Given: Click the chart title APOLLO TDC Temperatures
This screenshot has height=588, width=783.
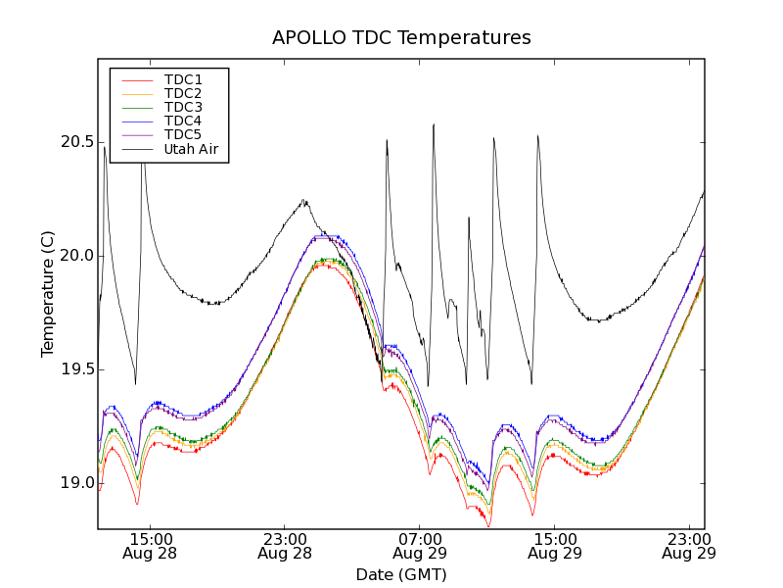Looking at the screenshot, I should tap(401, 38).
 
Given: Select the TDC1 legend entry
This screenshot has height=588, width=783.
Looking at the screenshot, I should tap(183, 79).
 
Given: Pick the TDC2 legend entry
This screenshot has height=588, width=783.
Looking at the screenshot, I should tap(183, 93).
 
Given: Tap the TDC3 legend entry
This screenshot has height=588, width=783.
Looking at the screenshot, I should tap(183, 107).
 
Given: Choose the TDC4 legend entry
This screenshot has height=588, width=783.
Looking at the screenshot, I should tap(183, 121).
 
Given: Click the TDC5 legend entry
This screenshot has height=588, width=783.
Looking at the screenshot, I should tap(183, 134).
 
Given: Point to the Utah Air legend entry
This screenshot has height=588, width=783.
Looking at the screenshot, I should tap(191, 149).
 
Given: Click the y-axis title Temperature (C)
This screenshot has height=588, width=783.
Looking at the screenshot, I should tap(48, 294).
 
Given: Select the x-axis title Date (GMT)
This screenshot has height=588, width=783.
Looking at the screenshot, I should tap(401, 574).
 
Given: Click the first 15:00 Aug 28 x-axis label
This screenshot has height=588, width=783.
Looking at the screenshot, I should tap(150, 546).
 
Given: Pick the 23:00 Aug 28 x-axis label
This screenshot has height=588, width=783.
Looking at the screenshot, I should tap(285, 546).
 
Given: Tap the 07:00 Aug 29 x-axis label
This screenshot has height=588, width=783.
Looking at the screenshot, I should tap(420, 546).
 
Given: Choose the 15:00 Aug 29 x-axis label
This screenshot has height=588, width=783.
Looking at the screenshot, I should tap(554, 546).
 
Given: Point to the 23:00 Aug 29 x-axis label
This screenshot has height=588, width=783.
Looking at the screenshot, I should tap(689, 546).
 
